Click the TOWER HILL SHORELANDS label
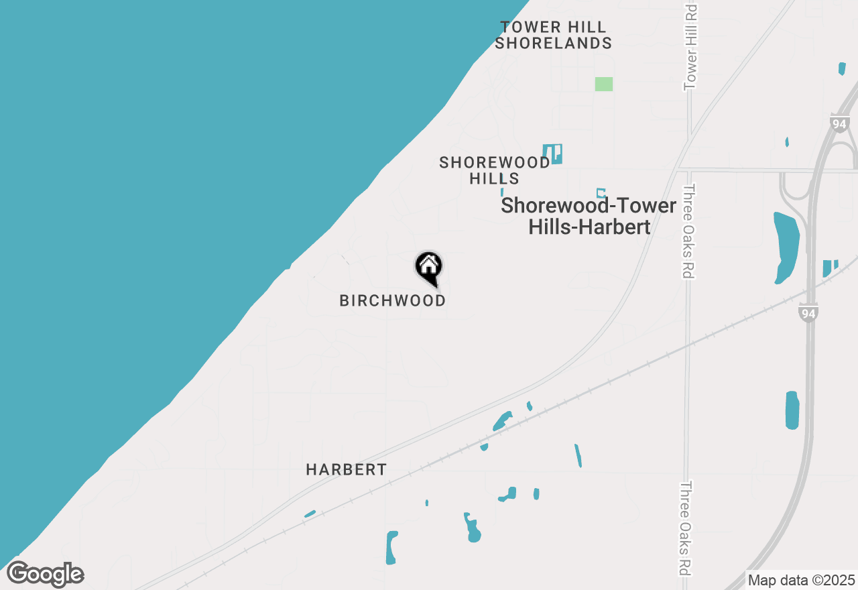[553, 36]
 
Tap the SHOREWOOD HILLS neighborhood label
[495, 170]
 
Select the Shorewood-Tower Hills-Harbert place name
[589, 215]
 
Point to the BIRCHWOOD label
[392, 301]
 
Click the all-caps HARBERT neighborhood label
[346, 470]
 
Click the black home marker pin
[429, 268]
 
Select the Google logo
[46, 575]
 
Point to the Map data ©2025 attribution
[801, 581]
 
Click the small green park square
[603, 84]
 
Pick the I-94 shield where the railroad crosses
[808, 312]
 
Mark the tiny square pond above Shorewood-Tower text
[601, 193]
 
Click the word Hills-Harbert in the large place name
[589, 227]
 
